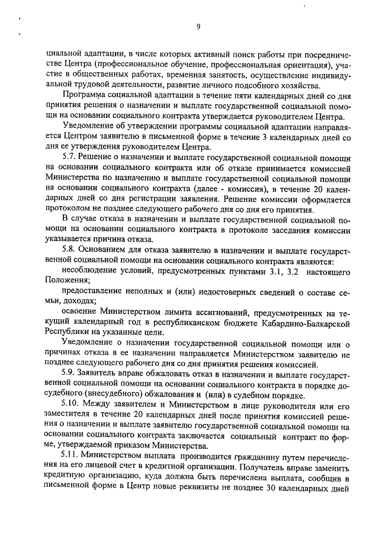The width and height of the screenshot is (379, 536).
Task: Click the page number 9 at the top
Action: [x=198, y=26]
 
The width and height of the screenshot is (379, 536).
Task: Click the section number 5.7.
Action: [x=69, y=157]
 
